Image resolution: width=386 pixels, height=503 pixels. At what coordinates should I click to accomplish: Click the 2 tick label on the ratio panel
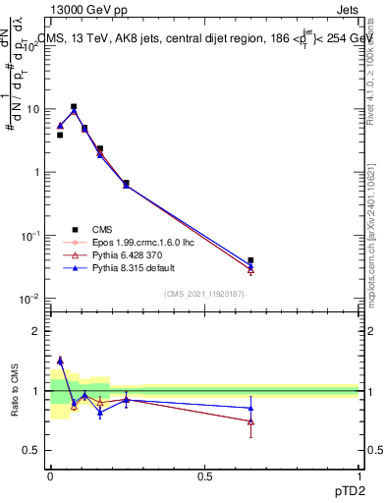tap(38, 331)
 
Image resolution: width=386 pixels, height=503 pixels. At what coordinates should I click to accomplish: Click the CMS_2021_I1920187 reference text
tap(204, 293)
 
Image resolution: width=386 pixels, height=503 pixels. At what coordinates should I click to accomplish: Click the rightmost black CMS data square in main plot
tap(251, 260)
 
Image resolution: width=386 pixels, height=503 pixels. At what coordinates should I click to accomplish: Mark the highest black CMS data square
tap(74, 106)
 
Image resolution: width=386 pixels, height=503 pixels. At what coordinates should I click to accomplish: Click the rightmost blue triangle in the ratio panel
tap(251, 408)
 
